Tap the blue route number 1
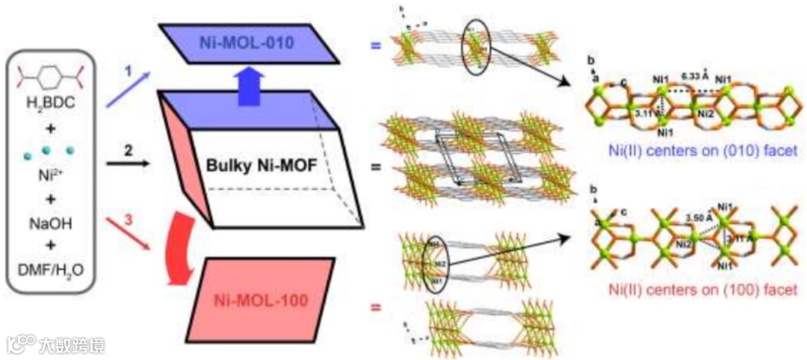coord(128,74)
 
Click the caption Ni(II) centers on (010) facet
coord(694,151)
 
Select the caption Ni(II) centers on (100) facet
coord(695,290)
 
